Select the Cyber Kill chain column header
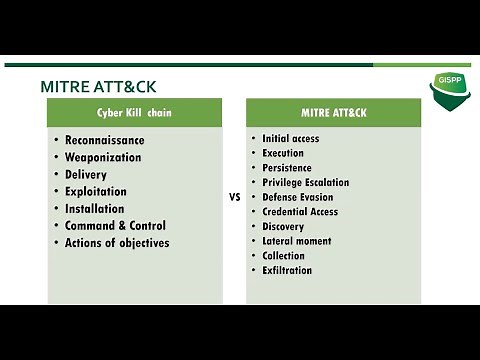pyautogui.click(x=134, y=113)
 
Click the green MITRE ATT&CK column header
pyautogui.click(x=333, y=113)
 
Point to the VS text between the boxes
pyautogui.click(x=235, y=198)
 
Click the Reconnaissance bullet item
pyautogui.click(x=104, y=140)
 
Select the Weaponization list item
pyautogui.click(x=103, y=157)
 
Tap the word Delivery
pyautogui.click(x=86, y=174)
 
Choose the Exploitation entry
pyautogui.click(x=96, y=191)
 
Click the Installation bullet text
pyautogui.click(x=95, y=208)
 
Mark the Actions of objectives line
pyautogui.click(x=117, y=242)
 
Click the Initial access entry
pyautogui.click(x=290, y=138)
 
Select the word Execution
pyautogui.click(x=283, y=153)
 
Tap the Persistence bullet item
pyautogui.click(x=287, y=168)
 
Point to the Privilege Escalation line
pyautogui.click(x=305, y=182)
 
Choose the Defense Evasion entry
pyautogui.click(x=298, y=197)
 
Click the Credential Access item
pyautogui.click(x=300, y=212)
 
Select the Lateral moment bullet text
pyautogui.click(x=296, y=241)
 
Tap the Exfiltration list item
pyautogui.click(x=287, y=270)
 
